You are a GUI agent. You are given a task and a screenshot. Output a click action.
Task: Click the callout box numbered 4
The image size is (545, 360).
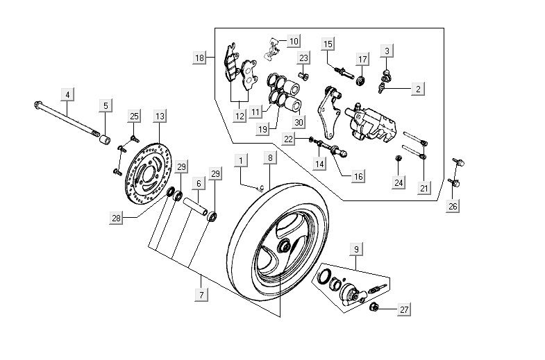[67, 94]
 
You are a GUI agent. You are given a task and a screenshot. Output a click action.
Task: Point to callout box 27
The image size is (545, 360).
[403, 311]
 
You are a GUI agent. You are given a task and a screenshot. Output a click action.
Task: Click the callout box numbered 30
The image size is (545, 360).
[299, 123]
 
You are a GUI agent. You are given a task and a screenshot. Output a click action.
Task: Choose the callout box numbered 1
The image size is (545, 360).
[240, 160]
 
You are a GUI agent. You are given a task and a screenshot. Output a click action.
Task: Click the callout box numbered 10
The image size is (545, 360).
[293, 41]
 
